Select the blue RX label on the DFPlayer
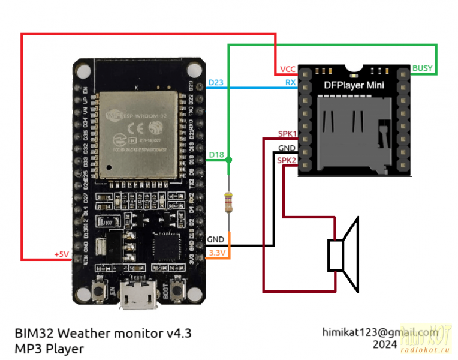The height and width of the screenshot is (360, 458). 290,83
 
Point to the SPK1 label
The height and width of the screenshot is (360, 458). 286,133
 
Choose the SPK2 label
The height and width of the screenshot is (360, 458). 286,160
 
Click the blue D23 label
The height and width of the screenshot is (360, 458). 215,83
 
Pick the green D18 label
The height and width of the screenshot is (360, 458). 216,155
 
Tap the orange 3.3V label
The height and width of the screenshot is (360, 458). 216,253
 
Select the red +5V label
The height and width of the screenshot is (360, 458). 62,254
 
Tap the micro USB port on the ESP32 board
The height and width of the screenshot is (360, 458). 137,298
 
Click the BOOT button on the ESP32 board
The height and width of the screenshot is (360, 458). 177,290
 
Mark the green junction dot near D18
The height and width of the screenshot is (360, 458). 228,160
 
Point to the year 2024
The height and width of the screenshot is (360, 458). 384,345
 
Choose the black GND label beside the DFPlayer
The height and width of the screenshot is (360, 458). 287,148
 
